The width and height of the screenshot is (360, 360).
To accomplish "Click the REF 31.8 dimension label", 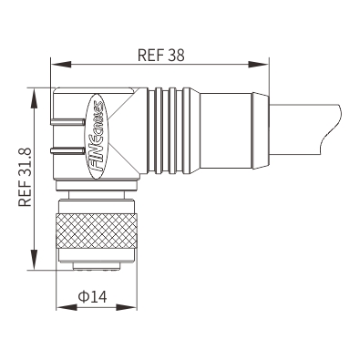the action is click(x=25, y=178).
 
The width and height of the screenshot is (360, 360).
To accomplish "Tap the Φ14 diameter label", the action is click(x=93, y=297).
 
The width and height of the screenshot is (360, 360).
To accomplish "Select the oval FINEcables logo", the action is click(x=98, y=136).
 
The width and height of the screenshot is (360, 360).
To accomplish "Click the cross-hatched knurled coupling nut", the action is click(x=97, y=231).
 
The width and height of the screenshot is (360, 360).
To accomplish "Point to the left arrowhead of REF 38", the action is click(x=61, y=65).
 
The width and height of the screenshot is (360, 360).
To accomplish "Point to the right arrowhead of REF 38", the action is click(x=259, y=65).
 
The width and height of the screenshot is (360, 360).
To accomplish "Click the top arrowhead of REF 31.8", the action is click(x=36, y=98).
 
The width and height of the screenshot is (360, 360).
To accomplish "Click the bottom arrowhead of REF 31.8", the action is click(x=36, y=259).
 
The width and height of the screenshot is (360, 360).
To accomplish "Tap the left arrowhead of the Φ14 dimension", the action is click(x=67, y=307).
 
